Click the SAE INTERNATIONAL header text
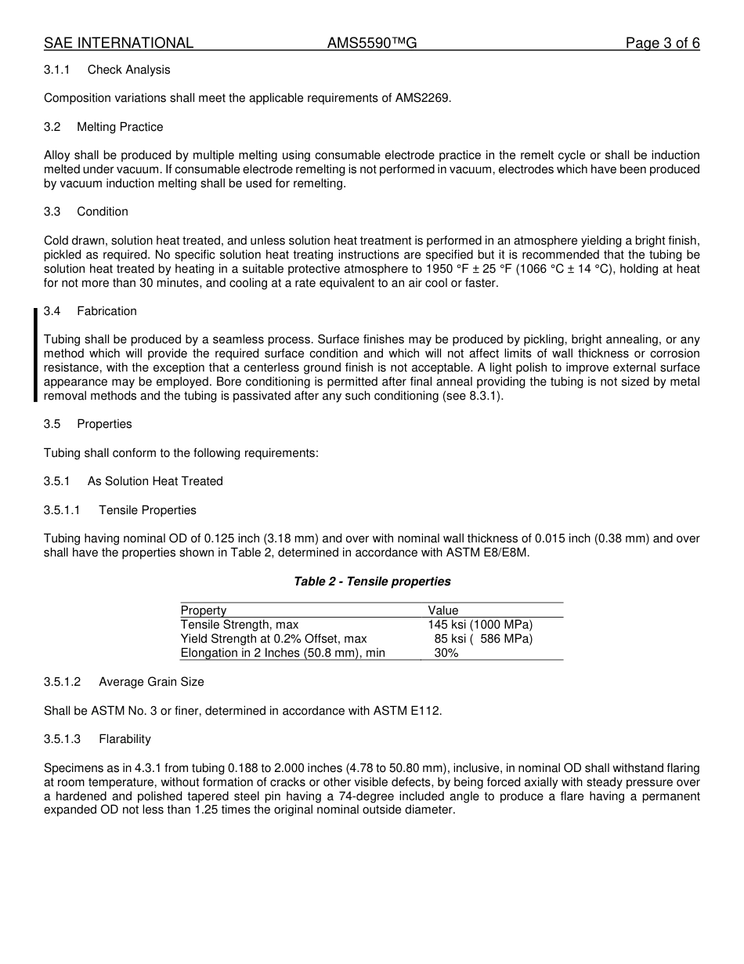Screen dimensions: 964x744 [118, 43]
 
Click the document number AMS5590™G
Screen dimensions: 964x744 [371, 43]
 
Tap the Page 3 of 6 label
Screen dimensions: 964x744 [662, 43]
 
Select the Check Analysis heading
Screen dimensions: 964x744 [128, 70]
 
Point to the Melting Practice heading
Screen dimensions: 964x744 [120, 127]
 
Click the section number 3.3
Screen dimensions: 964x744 [52, 212]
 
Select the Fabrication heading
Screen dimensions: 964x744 [107, 311]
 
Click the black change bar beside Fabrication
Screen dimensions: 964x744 [35, 355]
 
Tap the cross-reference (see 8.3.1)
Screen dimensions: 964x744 [470, 396]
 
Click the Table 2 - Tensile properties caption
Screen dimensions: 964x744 [372, 582]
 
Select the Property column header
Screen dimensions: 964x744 [204, 611]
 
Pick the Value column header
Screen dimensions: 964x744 [443, 611]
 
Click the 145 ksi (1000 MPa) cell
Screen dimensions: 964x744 [479, 625]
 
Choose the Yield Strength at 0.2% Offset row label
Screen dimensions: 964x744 [273, 639]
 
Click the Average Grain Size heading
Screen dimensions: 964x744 [151, 682]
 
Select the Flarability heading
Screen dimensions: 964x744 [125, 739]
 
